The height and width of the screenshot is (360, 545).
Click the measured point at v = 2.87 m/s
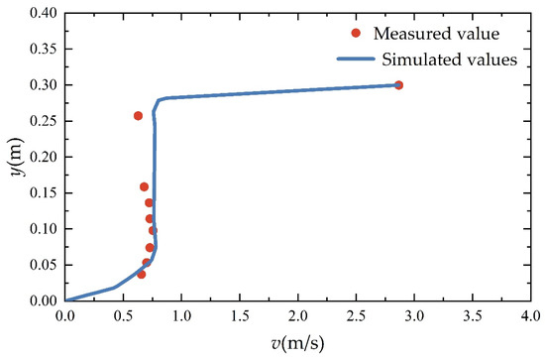[398, 85]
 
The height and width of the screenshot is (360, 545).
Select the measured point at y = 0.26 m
[138, 116]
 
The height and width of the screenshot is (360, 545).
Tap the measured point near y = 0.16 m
[144, 186]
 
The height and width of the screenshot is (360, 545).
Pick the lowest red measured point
[141, 274]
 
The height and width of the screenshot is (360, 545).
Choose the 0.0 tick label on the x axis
[65, 317]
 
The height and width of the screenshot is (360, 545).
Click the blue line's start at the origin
[66, 300]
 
